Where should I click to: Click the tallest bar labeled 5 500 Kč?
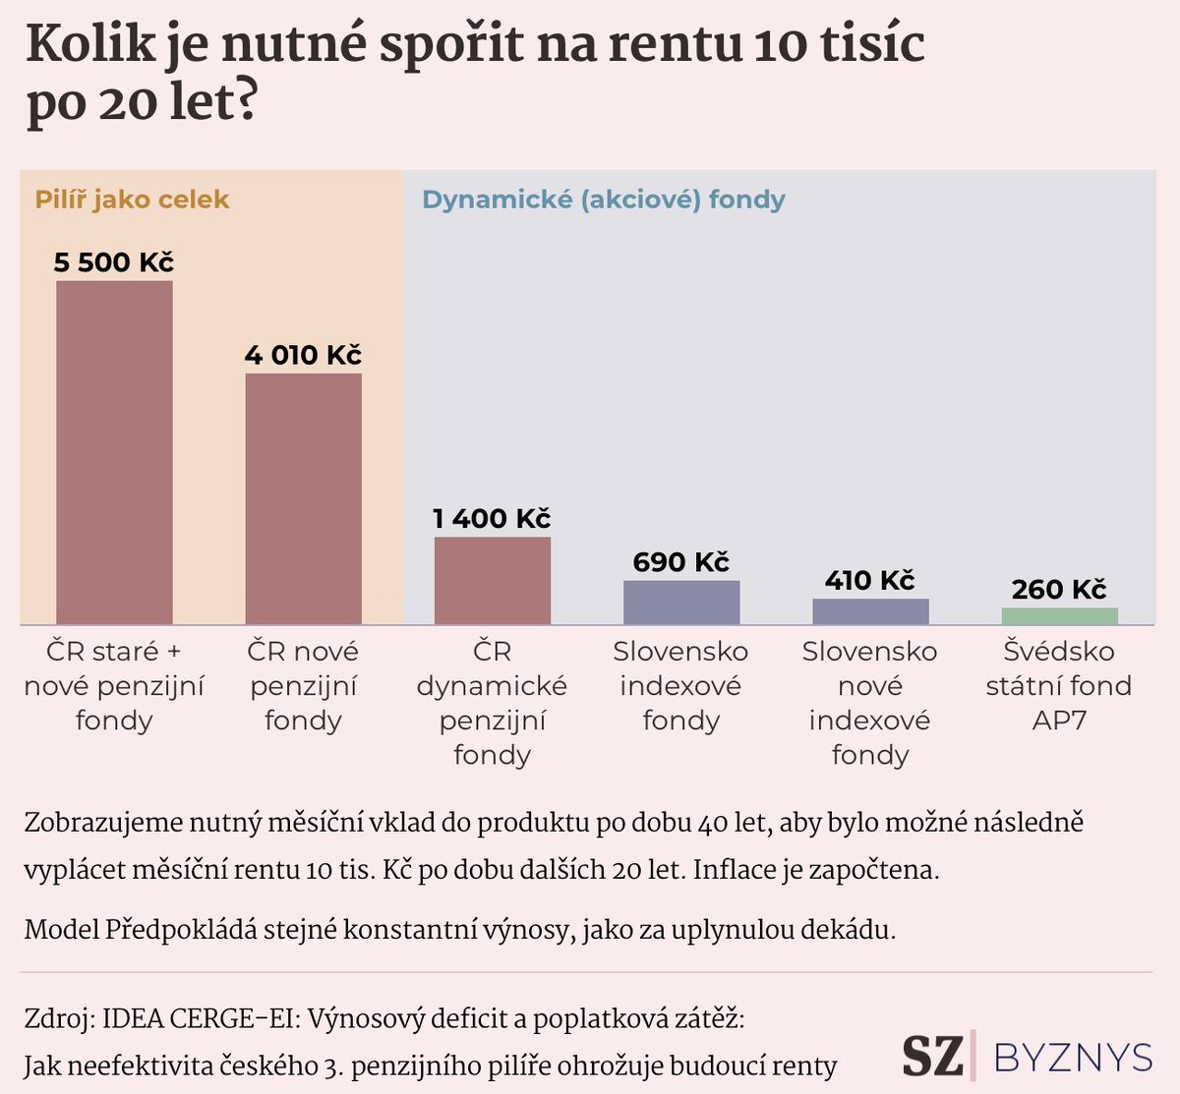tap(114, 452)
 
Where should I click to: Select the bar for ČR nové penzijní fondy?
tap(303, 498)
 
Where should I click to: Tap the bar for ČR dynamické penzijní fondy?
tap(492, 580)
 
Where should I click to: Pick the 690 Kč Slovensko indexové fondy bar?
tap(681, 602)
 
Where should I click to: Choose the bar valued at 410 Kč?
tap(870, 611)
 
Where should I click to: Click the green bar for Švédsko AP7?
tap(1059, 616)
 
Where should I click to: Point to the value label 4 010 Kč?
tap(303, 355)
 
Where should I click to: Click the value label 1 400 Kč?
tap(492, 518)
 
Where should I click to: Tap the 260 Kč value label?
tap(1059, 589)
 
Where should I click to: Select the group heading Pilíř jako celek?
tap(132, 200)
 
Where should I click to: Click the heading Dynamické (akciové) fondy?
tap(603, 200)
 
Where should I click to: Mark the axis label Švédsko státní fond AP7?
tap(1059, 685)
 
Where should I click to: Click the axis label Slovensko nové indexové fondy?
tap(870, 702)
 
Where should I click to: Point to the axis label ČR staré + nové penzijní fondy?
tap(114, 685)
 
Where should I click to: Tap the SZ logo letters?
tap(932, 1056)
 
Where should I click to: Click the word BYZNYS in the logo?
tap(1073, 1058)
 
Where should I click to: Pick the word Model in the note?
tap(61, 929)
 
